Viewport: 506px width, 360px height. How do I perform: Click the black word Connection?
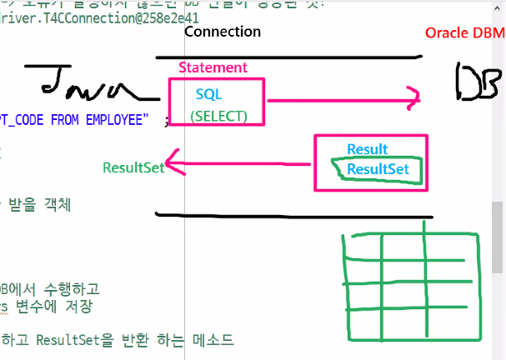point(222,32)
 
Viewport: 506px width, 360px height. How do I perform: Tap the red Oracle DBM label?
point(464,32)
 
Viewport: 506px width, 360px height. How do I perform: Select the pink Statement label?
point(213,67)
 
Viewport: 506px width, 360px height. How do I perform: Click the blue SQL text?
point(208,94)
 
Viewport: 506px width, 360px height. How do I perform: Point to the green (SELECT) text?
point(218,115)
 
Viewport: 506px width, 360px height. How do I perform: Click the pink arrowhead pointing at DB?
point(413,100)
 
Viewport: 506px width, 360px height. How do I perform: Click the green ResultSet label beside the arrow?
point(133,167)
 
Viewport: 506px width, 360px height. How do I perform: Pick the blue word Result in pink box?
point(367,150)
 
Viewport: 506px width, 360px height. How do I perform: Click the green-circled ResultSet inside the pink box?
point(378,169)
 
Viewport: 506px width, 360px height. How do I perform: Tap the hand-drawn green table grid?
point(410,286)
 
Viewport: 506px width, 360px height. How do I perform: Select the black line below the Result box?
point(292,216)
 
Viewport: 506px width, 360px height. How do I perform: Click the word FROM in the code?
point(65,120)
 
